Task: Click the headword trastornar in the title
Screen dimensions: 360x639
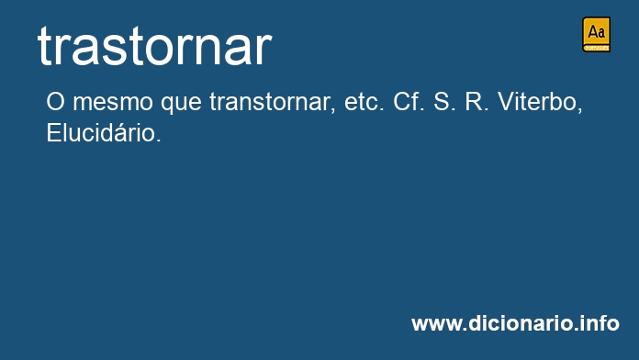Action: point(154,46)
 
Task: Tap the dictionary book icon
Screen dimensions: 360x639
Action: point(596,34)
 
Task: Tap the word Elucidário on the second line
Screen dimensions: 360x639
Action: point(101,133)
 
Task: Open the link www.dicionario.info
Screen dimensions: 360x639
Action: point(515,324)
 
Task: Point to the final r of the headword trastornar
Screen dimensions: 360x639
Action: point(263,50)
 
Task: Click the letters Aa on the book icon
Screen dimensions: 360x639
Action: point(596,32)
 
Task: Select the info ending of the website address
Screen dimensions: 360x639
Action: point(601,324)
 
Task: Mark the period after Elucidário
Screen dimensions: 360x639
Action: point(159,141)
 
